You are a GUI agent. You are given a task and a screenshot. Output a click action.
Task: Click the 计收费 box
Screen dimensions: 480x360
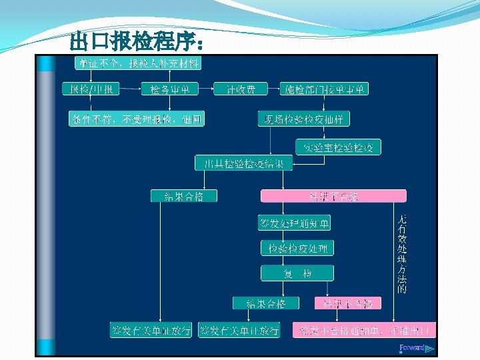240,89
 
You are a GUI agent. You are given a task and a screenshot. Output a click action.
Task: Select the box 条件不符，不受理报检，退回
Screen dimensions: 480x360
136,119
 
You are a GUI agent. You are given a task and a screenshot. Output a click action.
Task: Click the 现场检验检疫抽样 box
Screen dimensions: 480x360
304,119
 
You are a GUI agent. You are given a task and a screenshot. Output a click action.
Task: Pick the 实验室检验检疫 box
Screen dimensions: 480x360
338,147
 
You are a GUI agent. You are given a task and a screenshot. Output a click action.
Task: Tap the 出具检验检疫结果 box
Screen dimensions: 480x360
243,163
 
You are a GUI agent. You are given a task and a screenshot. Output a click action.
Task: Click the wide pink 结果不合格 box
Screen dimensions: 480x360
333,196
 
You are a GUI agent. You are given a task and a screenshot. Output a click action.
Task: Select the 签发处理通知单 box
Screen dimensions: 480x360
294,223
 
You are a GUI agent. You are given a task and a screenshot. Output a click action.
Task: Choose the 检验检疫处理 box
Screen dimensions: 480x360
297,249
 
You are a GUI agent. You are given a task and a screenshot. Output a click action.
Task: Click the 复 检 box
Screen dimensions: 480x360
297,273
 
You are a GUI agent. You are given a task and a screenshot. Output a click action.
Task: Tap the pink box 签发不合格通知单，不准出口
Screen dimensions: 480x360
365,330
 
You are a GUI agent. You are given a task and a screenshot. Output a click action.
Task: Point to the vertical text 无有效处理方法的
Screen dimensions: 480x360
402,254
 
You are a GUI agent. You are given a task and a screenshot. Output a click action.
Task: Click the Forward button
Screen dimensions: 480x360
415,347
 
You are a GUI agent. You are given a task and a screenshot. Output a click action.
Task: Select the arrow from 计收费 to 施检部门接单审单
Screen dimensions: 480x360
273,89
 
